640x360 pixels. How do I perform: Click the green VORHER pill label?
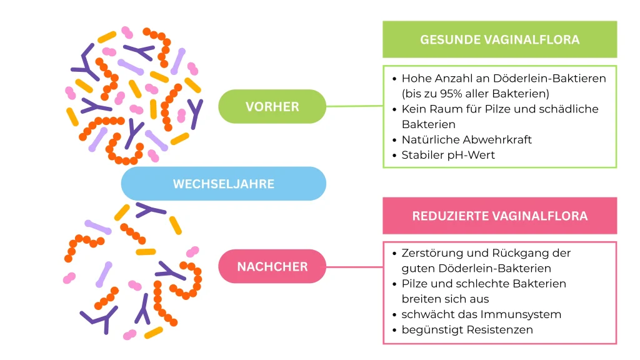[x=272, y=106]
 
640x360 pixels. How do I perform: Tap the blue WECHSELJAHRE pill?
[x=223, y=184]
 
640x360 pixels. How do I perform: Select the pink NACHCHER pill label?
[x=272, y=267]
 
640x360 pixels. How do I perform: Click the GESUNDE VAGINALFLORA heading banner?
[x=499, y=39]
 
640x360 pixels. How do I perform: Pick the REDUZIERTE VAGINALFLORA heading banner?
[x=499, y=216]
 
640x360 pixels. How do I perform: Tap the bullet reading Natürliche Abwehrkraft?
[x=466, y=139]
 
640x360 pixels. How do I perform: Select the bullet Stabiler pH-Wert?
[x=447, y=154]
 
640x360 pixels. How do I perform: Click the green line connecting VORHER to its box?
[x=354, y=106]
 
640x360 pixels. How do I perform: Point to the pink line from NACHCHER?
[x=354, y=267]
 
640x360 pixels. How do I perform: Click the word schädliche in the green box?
[x=572, y=109]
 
